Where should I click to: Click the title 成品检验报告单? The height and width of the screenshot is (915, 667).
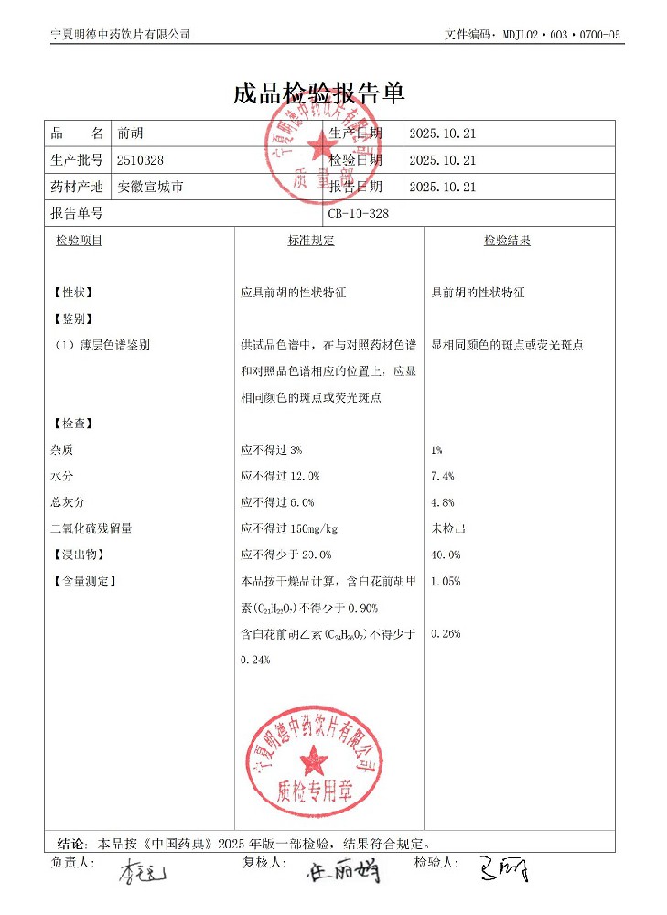point(319,94)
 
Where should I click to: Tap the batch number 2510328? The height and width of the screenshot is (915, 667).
point(141,160)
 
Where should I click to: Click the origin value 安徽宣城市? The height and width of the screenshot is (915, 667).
point(151,187)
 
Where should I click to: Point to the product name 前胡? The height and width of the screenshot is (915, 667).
point(130,134)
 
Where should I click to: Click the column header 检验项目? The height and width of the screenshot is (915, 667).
point(79,241)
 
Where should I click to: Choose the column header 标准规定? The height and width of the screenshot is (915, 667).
point(311,241)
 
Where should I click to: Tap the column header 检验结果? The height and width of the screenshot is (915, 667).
point(507,241)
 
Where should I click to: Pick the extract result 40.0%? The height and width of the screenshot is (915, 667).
point(445,554)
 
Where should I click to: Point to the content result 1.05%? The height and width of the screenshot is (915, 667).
point(445,581)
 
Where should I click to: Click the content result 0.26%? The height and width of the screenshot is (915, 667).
point(445,633)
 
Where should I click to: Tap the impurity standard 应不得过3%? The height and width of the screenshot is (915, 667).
point(271,450)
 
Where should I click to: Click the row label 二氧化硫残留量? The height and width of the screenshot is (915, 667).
point(91,529)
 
